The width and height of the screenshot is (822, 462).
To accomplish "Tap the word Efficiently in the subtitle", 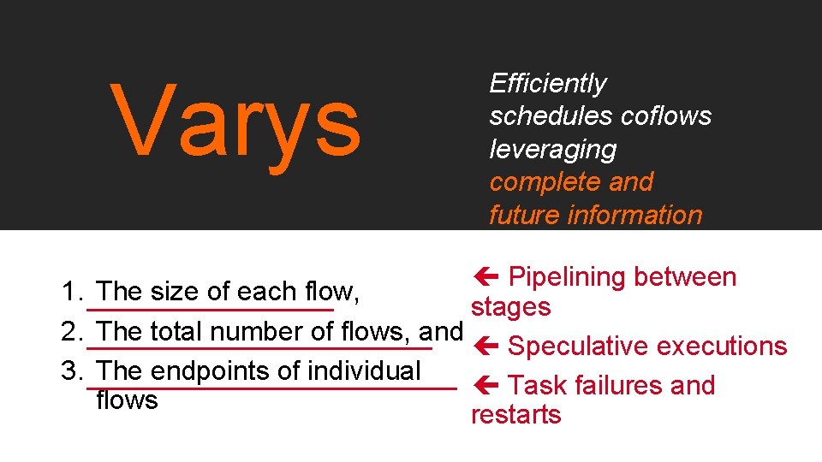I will tap(547, 84).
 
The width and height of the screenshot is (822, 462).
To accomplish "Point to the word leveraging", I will tap(552, 149).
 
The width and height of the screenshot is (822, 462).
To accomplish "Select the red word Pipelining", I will tap(567, 277).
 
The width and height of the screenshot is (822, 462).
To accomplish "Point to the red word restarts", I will tap(516, 415).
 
